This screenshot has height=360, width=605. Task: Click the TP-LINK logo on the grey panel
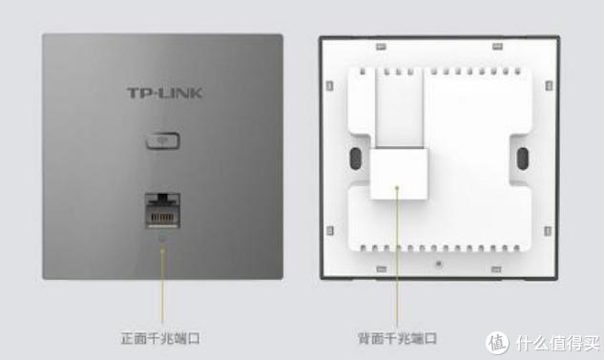pyautogui.click(x=165, y=93)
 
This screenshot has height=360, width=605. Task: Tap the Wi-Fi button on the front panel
pyautogui.click(x=163, y=140)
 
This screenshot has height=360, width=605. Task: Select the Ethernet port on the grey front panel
pyautogui.click(x=162, y=211)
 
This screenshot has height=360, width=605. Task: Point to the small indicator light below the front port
pyautogui.click(x=162, y=238)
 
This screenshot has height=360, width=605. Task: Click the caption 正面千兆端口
pyautogui.click(x=160, y=338)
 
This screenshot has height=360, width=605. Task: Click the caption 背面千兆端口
pyautogui.click(x=397, y=338)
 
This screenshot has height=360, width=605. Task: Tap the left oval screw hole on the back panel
pyautogui.click(x=355, y=159)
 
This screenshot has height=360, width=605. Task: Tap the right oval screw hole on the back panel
pyautogui.click(x=522, y=159)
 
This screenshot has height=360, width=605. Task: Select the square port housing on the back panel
pyautogui.click(x=399, y=174)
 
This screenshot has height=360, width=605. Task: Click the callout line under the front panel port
pyautogui.click(x=162, y=286)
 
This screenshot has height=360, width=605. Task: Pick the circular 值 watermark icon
pyautogui.click(x=497, y=343)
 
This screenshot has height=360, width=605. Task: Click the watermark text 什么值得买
pyautogui.click(x=558, y=343)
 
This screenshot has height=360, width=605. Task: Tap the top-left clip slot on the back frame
pyautogui.click(x=381, y=47)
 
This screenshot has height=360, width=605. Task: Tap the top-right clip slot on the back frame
pyautogui.click(x=497, y=47)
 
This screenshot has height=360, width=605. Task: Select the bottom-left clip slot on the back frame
pyautogui.click(x=381, y=269)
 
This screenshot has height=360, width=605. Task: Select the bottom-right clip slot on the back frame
pyautogui.click(x=496, y=269)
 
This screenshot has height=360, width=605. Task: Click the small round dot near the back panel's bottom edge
pyautogui.click(x=438, y=265)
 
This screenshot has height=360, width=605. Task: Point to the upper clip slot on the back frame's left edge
pyautogui.click(x=329, y=86)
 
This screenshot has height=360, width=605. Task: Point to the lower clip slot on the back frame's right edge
pyautogui.click(x=548, y=231)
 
